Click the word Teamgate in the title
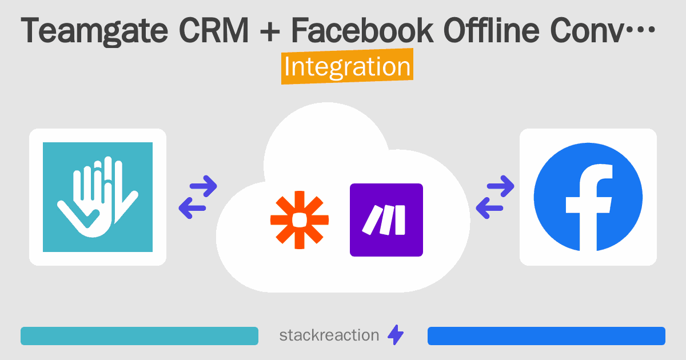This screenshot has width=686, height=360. coord(94,31)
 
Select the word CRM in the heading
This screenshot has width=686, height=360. coord(214,30)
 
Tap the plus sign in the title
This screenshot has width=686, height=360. coord(269,31)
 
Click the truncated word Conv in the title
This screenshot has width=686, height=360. coord(587,31)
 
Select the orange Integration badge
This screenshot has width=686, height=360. coord(348,66)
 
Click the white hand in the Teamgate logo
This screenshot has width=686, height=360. coord(97,197)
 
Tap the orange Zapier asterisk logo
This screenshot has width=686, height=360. coord(300,220)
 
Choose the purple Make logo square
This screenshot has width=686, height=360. coord(386,220)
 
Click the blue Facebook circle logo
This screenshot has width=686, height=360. coord(588,197)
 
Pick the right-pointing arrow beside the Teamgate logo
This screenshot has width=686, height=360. coord(204,186)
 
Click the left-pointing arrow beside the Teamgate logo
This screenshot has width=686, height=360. coord(192,208)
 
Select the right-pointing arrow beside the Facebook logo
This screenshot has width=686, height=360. coord(500,186)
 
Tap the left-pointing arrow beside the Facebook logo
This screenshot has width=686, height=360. coord(489,208)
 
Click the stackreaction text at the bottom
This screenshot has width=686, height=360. coord(329,335)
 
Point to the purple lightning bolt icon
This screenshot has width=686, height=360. coord(396,335)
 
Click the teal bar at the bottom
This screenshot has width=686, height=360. coord(139,336)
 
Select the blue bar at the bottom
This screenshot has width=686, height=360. coord(547,336)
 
